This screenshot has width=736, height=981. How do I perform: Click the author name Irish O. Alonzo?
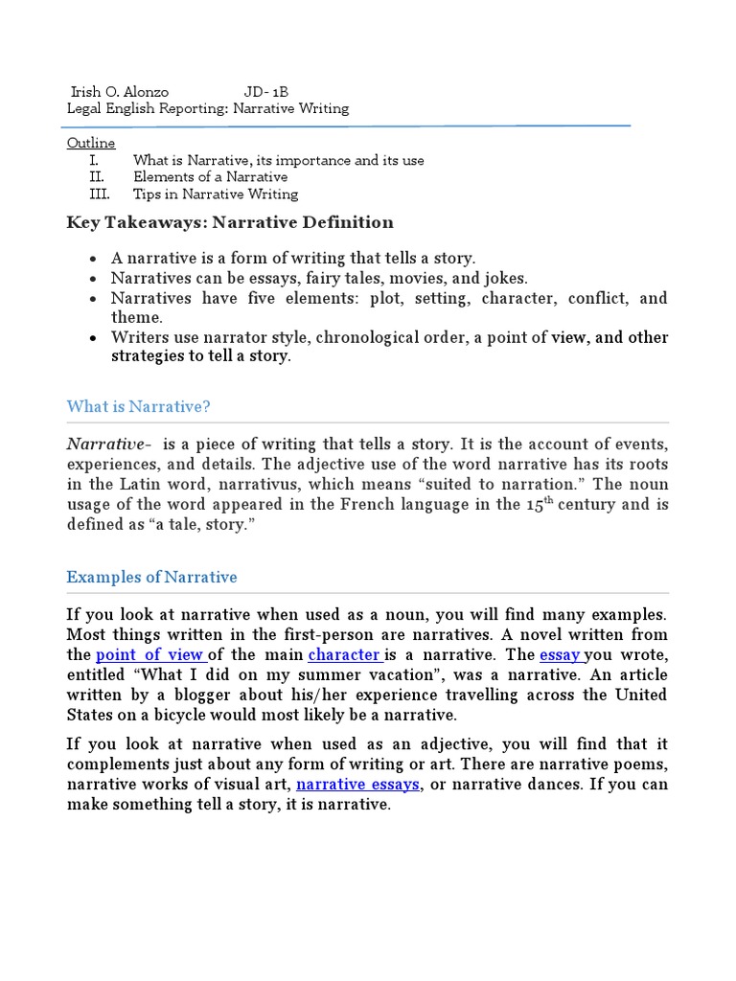click(120, 92)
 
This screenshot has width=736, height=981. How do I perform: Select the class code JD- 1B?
click(265, 92)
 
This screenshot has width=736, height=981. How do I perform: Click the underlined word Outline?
click(91, 143)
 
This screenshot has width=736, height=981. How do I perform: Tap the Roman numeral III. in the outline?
click(100, 194)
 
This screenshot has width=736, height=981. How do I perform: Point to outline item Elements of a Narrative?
click(210, 176)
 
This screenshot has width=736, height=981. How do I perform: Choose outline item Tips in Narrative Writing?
click(216, 194)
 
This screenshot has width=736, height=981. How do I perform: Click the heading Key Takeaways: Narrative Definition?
click(230, 222)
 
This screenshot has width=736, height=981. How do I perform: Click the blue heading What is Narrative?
click(138, 406)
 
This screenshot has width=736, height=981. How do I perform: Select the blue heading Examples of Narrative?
click(151, 577)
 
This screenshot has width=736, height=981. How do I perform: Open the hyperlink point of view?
click(150, 655)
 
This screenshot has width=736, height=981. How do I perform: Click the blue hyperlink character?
click(344, 655)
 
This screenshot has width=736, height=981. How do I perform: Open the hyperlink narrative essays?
click(357, 785)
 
